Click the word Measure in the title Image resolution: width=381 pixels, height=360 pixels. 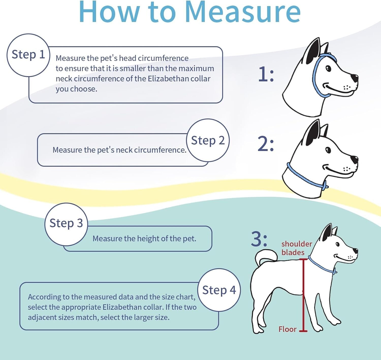243,12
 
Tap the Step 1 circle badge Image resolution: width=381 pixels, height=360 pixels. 28,55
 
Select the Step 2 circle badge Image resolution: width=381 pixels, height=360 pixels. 208,141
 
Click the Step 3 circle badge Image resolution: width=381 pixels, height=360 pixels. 66,224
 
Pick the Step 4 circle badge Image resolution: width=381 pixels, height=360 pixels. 219,290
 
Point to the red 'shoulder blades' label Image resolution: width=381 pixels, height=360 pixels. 296,248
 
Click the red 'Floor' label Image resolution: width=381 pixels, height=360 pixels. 287,329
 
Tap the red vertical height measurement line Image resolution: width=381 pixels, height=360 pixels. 303,294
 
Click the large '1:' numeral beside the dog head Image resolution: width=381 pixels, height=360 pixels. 266,75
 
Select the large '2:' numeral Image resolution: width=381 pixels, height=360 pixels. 265,144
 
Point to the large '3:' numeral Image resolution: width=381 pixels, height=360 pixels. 259,239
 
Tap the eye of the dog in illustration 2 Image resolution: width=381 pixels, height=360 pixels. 328,150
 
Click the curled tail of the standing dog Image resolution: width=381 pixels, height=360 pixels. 265,256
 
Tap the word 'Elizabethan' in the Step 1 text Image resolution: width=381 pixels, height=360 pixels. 168,79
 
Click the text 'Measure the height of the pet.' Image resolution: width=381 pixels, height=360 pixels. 144,239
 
